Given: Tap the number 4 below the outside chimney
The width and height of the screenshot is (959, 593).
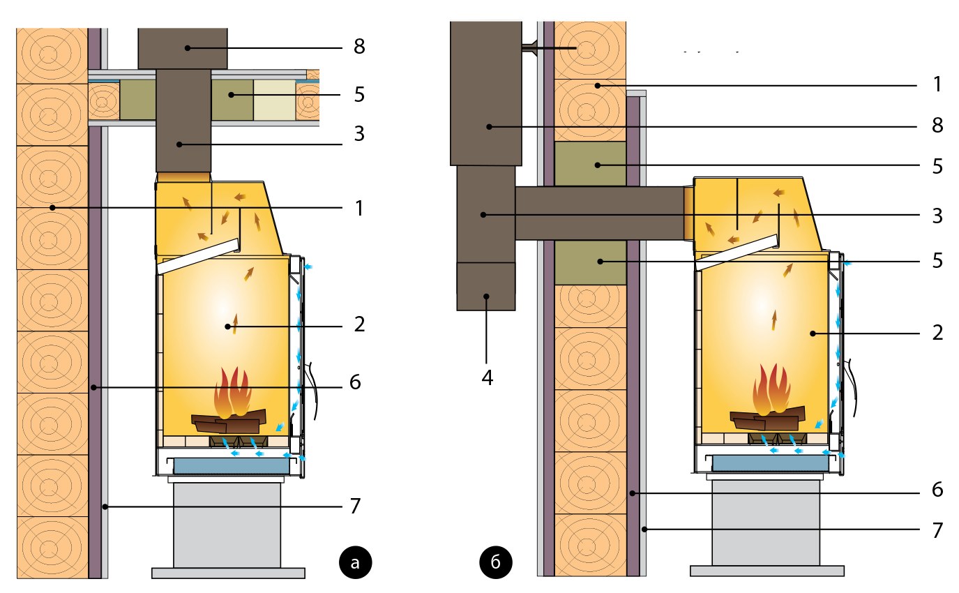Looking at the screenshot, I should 487,378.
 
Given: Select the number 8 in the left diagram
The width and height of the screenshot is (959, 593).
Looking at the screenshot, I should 359,47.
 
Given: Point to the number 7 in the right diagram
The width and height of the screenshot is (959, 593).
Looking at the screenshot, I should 938,530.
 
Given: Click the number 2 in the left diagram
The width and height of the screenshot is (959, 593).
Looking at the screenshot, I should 359,324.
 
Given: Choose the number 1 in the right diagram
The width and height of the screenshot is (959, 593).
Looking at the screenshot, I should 938,85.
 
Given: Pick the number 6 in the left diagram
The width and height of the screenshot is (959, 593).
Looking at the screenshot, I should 356,382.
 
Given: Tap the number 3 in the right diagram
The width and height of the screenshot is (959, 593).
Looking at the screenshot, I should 938,216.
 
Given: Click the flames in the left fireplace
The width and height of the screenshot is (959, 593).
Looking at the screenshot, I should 234,394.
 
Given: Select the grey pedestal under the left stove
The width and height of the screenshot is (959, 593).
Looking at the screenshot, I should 227,523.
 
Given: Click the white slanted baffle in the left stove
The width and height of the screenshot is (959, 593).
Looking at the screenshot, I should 199,255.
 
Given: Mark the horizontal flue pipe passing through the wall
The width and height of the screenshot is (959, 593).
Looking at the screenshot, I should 600,213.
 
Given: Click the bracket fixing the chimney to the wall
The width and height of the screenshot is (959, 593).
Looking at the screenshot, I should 529,47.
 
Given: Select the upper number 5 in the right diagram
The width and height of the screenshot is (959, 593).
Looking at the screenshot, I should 938,165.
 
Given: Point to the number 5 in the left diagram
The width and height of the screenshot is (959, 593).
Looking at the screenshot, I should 359,94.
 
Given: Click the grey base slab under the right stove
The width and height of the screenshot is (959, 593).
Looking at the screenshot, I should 767,571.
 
